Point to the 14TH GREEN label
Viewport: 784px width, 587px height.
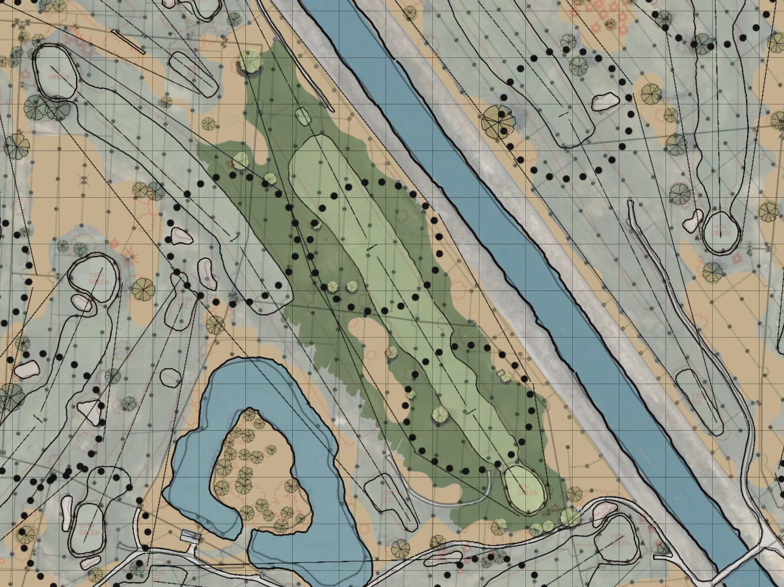point(720,230)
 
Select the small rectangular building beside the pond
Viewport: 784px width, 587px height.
point(190,536)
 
